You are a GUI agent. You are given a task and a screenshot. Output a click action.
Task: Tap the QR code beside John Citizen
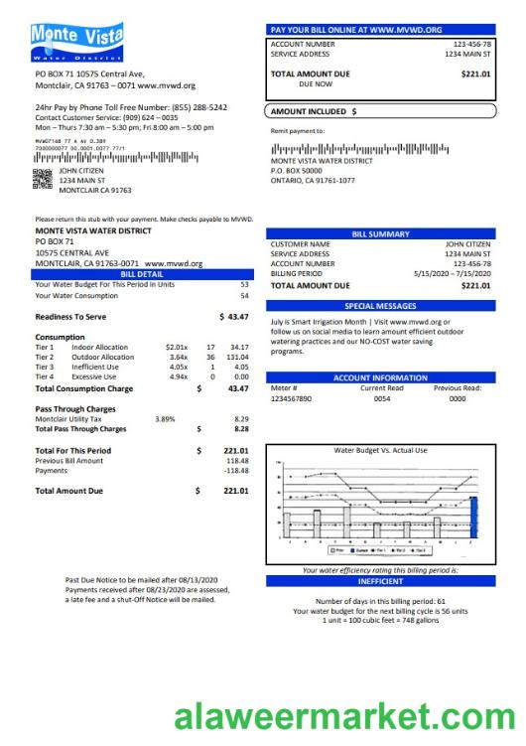coord(43,179)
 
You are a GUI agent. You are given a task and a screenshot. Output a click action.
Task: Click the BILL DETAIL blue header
coord(142,273)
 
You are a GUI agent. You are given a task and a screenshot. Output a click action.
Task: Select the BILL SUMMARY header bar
coord(380,234)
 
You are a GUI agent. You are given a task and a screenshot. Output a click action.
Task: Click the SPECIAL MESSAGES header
coord(380,306)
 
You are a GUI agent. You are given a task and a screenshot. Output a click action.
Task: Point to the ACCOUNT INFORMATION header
coord(380,377)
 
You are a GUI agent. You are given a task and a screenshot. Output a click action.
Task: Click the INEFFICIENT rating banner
coord(380,582)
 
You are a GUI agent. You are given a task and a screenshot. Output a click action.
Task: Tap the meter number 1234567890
coord(291,398)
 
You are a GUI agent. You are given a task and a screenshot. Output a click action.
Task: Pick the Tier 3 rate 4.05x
coord(178,367)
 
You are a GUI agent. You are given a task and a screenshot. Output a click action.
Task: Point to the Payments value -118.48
coord(236,471)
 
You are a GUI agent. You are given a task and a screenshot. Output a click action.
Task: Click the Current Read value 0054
coord(382,398)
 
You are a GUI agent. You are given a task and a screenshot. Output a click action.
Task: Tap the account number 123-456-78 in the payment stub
coord(471,45)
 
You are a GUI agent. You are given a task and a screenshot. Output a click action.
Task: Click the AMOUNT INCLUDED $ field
coord(380,111)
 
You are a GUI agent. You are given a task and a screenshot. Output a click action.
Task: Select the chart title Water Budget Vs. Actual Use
coord(381,451)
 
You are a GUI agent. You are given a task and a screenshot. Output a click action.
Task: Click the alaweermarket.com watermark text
coord(338,718)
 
